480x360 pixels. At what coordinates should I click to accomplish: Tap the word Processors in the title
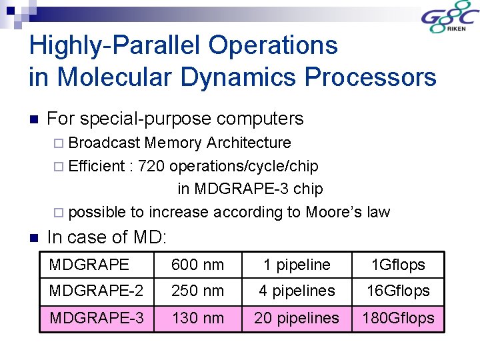tap(371, 77)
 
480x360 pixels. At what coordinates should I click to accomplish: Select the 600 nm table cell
tap(197, 265)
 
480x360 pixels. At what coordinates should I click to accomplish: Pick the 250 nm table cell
tap(197, 291)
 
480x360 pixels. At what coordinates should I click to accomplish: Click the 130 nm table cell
tap(197, 318)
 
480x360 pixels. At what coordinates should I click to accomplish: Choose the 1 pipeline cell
tap(297, 265)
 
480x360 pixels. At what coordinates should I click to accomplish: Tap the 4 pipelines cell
tap(297, 291)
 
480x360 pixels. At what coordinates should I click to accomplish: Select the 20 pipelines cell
tap(297, 318)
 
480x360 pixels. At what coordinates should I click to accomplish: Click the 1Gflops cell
tap(398, 265)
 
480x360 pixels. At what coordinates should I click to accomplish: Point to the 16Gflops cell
tap(398, 291)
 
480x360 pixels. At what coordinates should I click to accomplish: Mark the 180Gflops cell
tap(398, 318)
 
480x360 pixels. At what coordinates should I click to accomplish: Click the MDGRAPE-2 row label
tap(97, 291)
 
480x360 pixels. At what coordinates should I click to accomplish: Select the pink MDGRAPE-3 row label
tap(97, 318)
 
